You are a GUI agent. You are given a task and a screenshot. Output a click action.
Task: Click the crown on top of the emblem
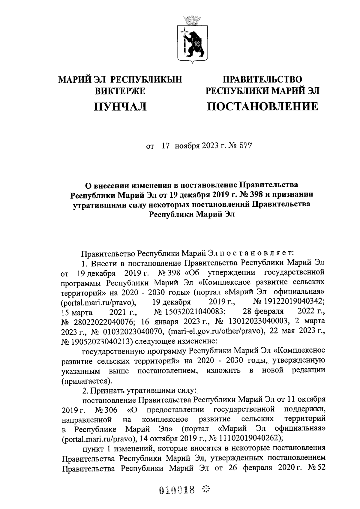click(x=193, y=20)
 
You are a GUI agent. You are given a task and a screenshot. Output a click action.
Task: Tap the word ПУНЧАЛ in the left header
click(x=120, y=106)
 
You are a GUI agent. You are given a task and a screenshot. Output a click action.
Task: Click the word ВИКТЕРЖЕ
click(x=120, y=91)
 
